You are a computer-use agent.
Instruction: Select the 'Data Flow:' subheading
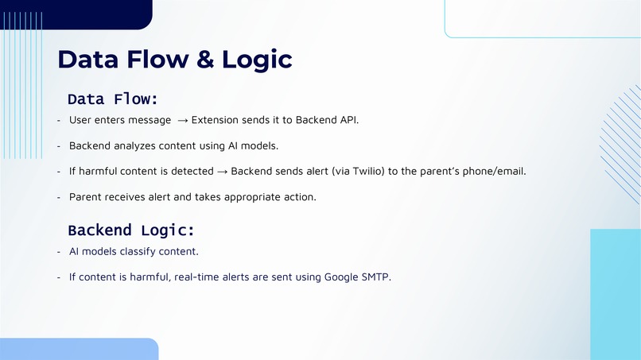point(113,99)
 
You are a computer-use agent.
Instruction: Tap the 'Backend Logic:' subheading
point(131,230)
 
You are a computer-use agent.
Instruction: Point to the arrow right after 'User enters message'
point(182,120)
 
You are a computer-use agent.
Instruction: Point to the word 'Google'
point(342,277)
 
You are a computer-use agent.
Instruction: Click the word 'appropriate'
point(251,197)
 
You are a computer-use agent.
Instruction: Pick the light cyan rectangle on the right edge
point(615,294)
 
